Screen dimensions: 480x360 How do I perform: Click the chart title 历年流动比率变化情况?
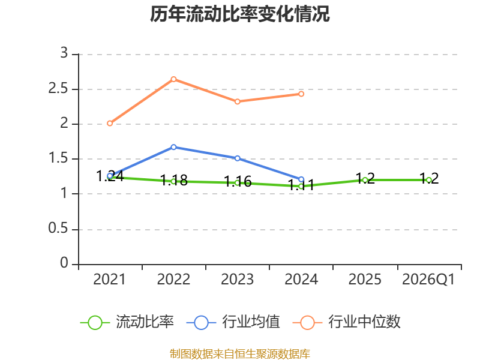click(x=239, y=14)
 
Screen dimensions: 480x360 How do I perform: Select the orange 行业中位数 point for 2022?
click(x=173, y=79)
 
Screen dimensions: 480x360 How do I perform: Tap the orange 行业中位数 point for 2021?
click(x=110, y=124)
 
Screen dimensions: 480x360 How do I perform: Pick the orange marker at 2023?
click(x=238, y=101)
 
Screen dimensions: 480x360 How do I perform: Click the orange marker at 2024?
click(x=301, y=94)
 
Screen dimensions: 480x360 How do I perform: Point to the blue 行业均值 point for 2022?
click(x=173, y=147)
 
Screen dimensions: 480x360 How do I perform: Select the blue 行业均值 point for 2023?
click(x=238, y=158)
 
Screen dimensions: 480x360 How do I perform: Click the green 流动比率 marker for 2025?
click(x=365, y=180)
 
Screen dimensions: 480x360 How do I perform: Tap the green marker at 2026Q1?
click(x=429, y=180)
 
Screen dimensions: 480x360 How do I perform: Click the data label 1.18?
click(x=174, y=180)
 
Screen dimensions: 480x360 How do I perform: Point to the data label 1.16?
click(x=238, y=182)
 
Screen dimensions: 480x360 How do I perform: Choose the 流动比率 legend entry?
click(x=127, y=322)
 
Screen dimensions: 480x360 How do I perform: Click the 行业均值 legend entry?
click(x=233, y=322)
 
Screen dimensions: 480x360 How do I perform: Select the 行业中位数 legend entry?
click(x=346, y=322)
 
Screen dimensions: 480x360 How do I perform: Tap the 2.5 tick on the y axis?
click(x=58, y=89)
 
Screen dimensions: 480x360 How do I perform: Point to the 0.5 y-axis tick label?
click(x=58, y=229)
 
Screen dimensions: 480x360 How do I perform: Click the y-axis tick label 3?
click(x=64, y=53)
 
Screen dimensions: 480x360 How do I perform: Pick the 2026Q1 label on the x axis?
click(x=428, y=280)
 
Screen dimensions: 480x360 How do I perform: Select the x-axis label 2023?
click(x=238, y=280)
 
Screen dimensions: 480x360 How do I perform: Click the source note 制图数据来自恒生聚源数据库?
click(x=239, y=354)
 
